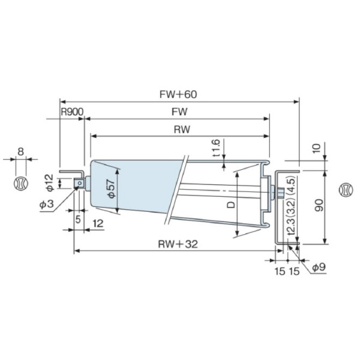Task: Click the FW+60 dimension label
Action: [179, 94]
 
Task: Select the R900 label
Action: [71, 112]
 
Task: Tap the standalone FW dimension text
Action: [179, 112]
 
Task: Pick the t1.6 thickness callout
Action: [217, 148]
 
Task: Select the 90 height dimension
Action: [337, 207]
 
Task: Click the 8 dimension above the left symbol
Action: [20, 151]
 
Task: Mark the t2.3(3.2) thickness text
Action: [291, 228]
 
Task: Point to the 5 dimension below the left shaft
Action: [77, 218]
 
